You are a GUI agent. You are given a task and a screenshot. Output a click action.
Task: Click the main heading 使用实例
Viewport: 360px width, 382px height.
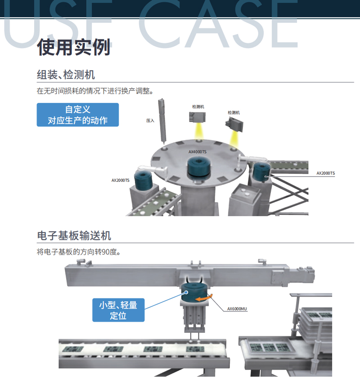pyautogui.click(x=74, y=47)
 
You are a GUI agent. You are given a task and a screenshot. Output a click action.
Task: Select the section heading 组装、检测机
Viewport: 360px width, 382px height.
pyautogui.click(x=66, y=74)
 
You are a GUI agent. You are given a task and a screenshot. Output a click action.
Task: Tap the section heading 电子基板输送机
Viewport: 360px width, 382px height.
pyautogui.click(x=74, y=236)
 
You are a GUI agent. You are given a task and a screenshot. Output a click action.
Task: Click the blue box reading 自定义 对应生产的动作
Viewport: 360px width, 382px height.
pyautogui.click(x=78, y=115)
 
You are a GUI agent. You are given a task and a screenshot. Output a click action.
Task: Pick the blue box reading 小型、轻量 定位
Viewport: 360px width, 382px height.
pyautogui.click(x=118, y=310)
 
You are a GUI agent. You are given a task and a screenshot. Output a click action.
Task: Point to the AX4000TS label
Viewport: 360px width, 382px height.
pyautogui.click(x=198, y=152)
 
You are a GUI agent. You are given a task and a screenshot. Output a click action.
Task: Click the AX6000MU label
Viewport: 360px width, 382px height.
pyautogui.click(x=237, y=309)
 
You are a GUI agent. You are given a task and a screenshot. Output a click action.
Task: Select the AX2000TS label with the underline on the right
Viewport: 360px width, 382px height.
pyautogui.click(x=326, y=173)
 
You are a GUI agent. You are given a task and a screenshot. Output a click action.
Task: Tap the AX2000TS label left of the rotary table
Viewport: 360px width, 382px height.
pyautogui.click(x=121, y=180)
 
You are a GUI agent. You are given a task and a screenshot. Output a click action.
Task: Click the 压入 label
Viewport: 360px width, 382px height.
pyautogui.click(x=150, y=121)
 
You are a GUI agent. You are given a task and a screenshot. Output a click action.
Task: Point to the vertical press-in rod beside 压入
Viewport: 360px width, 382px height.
pyautogui.click(x=162, y=121)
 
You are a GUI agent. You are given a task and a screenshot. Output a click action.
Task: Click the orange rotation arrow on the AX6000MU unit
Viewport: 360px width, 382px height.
pyautogui.click(x=204, y=298)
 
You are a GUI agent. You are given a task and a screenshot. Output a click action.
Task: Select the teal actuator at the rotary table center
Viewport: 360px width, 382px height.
pyautogui.click(x=198, y=166)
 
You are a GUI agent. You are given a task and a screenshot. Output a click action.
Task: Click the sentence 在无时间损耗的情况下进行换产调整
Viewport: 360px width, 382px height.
pyautogui.click(x=95, y=91)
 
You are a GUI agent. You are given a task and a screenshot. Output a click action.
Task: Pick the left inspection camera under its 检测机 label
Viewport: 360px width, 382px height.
pyautogui.click(x=198, y=117)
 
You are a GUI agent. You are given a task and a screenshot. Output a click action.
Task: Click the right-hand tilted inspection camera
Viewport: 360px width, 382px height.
pyautogui.click(x=234, y=124)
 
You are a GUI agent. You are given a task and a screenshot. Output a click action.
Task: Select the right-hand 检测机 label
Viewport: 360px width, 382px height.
pyautogui.click(x=234, y=113)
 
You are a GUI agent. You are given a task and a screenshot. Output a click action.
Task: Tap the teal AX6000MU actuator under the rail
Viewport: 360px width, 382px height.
pyautogui.click(x=194, y=292)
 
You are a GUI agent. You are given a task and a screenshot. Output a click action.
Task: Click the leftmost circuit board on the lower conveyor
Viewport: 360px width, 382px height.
pyautogui.click(x=73, y=349)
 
